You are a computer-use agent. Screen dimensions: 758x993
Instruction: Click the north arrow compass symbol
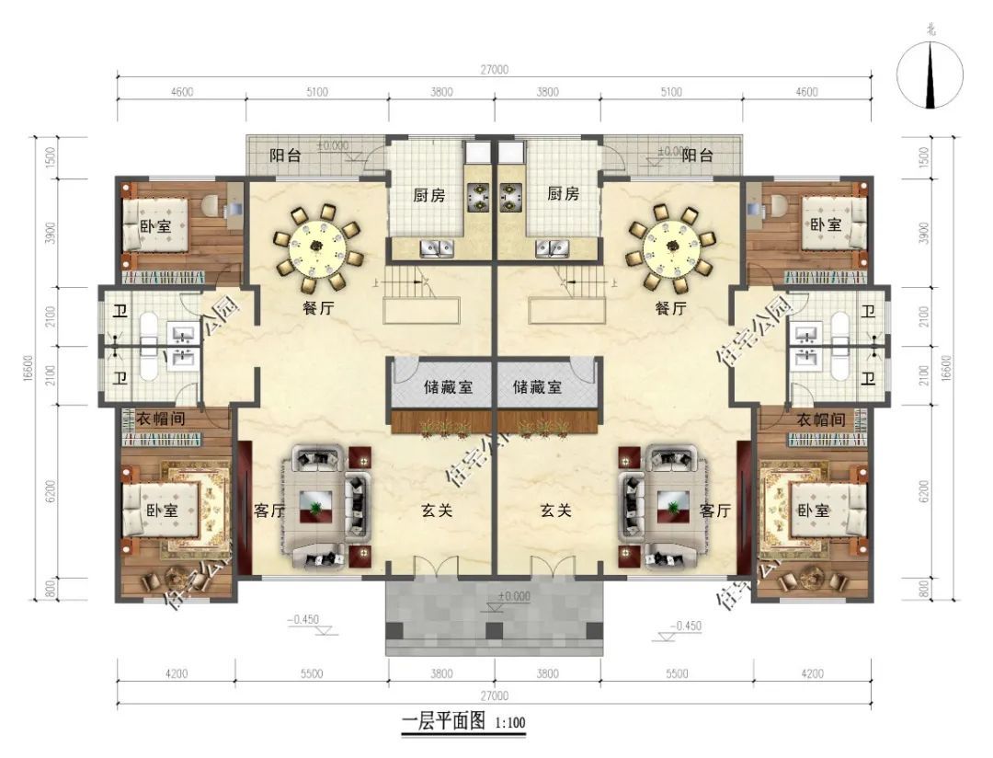930,75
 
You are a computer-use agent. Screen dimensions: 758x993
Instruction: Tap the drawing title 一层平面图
444,722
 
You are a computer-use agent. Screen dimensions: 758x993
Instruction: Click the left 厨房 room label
429,195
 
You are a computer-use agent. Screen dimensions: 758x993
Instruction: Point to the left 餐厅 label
318,309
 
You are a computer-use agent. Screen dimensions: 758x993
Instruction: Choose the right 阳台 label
698,155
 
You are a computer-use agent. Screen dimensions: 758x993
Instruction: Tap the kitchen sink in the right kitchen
553,247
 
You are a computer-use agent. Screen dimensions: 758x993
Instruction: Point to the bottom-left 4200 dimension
177,673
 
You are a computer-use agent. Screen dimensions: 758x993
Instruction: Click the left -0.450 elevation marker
302,620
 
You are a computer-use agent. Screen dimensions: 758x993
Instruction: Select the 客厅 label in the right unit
714,511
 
